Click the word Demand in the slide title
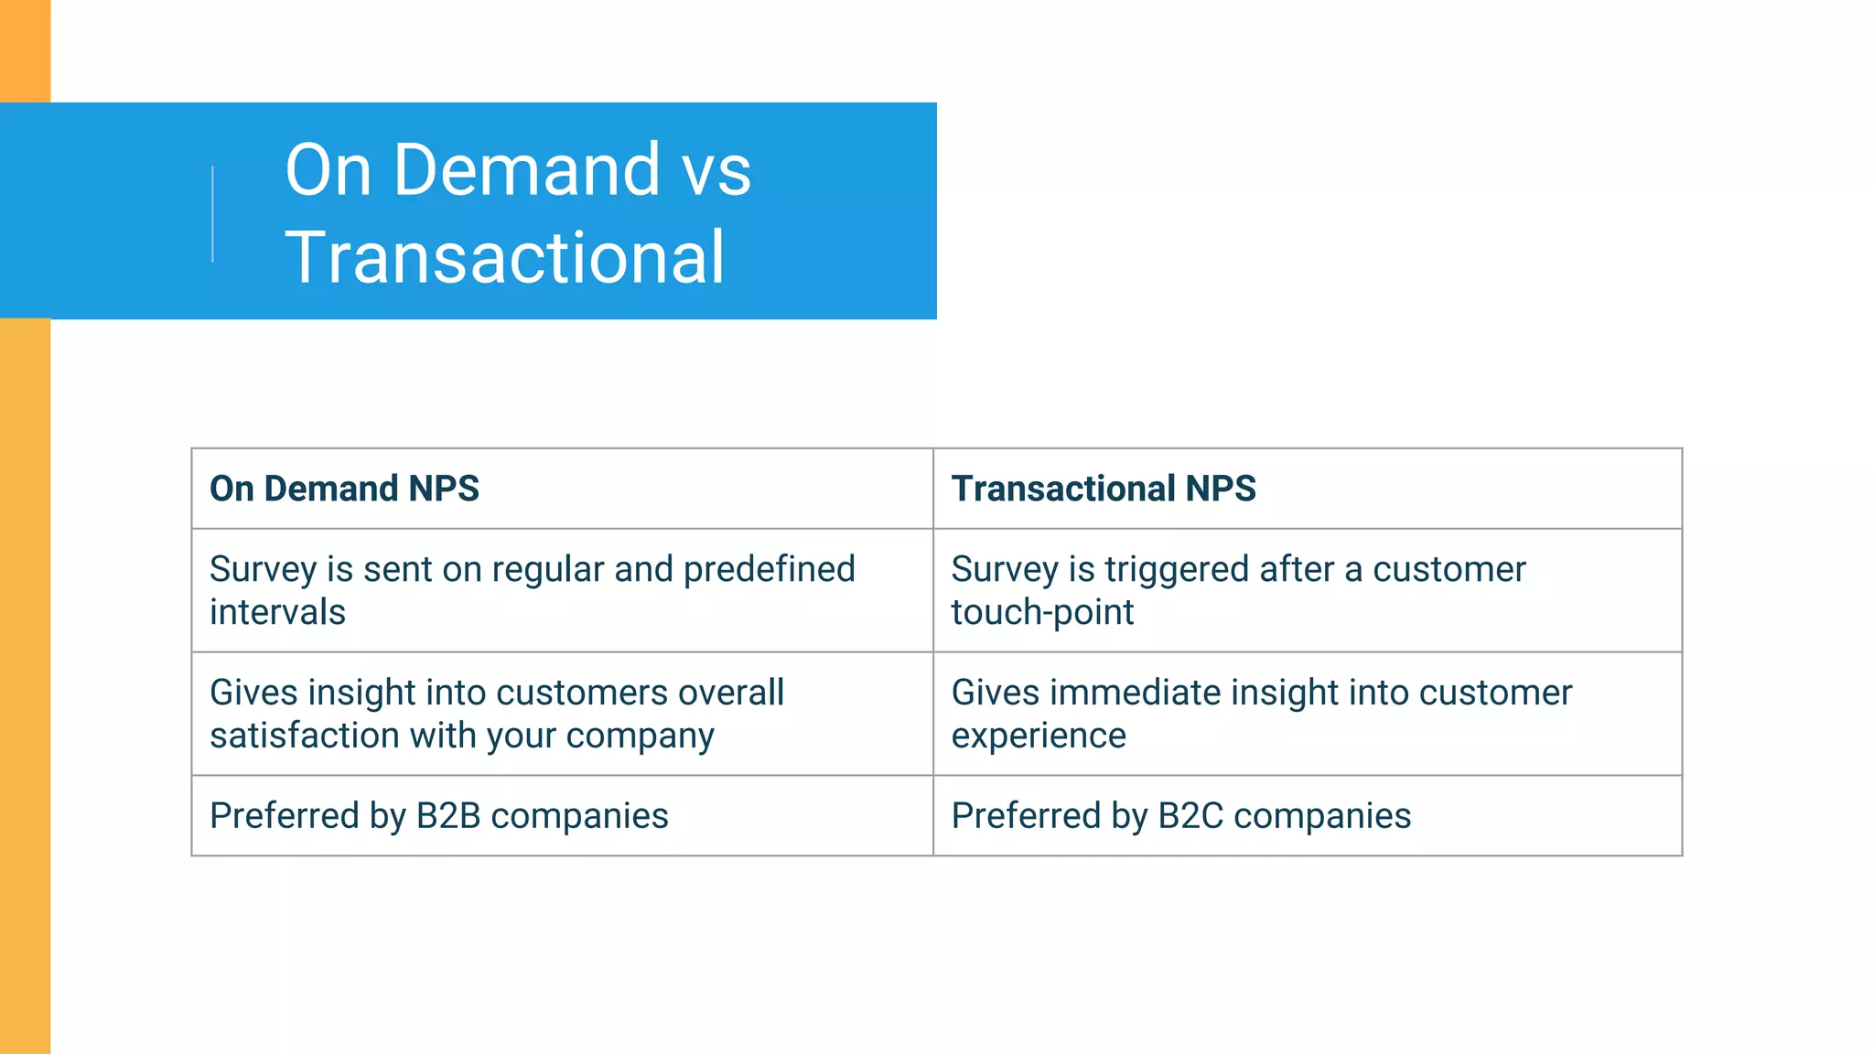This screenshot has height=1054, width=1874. coord(526,170)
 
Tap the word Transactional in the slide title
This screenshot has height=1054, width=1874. coord(505,258)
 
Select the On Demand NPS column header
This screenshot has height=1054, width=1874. coord(344,489)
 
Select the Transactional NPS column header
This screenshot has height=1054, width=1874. coord(1104,489)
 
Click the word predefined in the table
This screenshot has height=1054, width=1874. coord(769,569)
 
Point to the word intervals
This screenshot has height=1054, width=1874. coord(277,612)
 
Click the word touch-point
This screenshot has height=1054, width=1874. coord(1042,612)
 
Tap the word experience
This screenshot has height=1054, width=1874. coord(1039,736)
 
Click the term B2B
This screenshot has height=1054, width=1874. coord(448,816)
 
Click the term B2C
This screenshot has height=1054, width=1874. coord(1190,816)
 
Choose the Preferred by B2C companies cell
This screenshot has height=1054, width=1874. coord(1307,816)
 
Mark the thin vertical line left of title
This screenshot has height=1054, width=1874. coord(213,214)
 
